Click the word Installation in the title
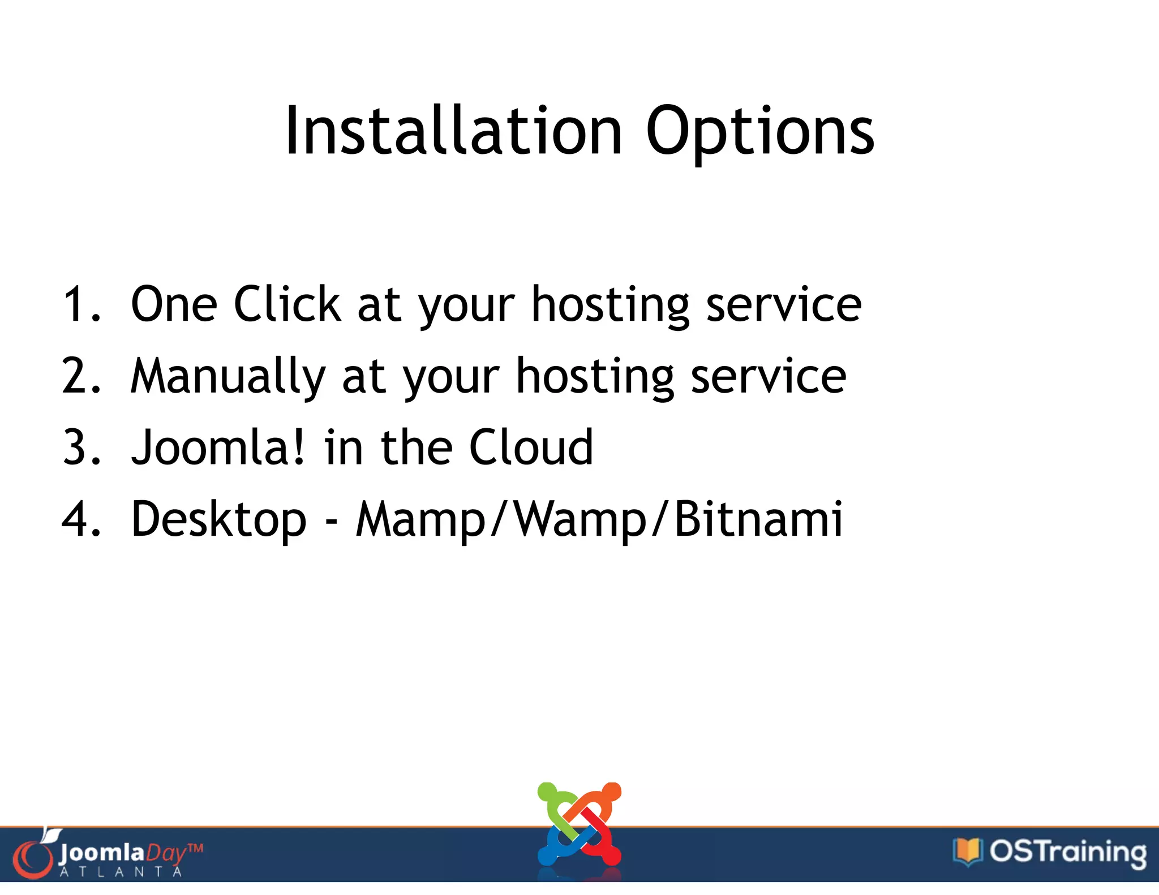(x=453, y=131)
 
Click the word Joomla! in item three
(x=217, y=447)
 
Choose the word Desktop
(x=218, y=520)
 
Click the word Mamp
(x=420, y=520)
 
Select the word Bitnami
(x=758, y=519)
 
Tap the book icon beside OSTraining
(x=967, y=851)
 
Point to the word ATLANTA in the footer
(x=121, y=872)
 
